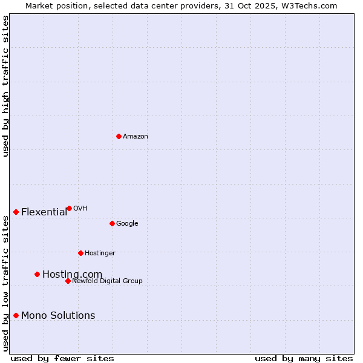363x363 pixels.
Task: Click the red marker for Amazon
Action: pyautogui.click(x=119, y=136)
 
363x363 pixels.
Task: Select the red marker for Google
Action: pyautogui.click(x=112, y=223)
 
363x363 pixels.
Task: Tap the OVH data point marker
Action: pyautogui.click(x=69, y=208)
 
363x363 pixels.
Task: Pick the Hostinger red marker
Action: pyautogui.click(x=80, y=253)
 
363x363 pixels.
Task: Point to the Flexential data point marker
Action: pyautogui.click(x=16, y=212)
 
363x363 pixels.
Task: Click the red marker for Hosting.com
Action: pyautogui.click(x=37, y=274)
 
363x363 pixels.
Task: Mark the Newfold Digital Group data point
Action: pyautogui.click(x=68, y=281)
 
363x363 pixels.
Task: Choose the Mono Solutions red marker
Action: pyautogui.click(x=16, y=315)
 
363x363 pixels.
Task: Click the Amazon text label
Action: pyautogui.click(x=136, y=137)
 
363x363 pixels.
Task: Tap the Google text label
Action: pyautogui.click(x=127, y=224)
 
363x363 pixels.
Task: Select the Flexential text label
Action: pyautogui.click(x=44, y=212)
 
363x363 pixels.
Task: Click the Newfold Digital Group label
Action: pyautogui.click(x=107, y=281)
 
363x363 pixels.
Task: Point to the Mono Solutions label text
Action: pyautogui.click(x=58, y=315)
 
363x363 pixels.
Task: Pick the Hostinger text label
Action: pyautogui.click(x=100, y=253)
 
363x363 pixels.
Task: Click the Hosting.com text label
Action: pyautogui.click(x=72, y=274)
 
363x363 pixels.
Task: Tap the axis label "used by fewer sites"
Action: pyautogui.click(x=62, y=358)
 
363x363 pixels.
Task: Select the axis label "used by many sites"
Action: pyautogui.click(x=304, y=358)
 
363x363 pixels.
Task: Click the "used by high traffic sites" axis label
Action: pyautogui.click(x=5, y=86)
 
